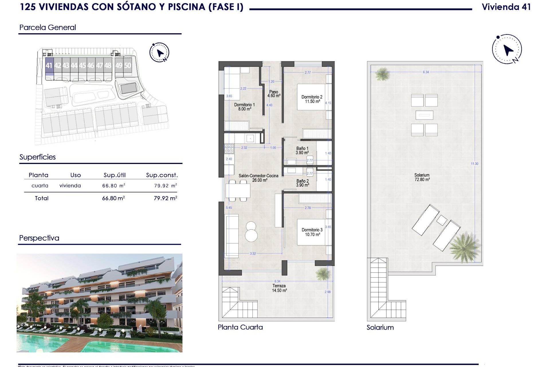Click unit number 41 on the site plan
(x=49, y=66)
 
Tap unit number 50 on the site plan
(x=127, y=66)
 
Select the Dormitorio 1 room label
(x=244, y=107)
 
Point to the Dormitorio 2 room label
(x=312, y=99)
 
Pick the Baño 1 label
(x=302, y=151)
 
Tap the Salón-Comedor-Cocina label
(x=258, y=178)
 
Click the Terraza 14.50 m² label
(x=279, y=288)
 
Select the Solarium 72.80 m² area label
(x=422, y=177)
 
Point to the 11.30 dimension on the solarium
(x=474, y=164)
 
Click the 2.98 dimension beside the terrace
(x=327, y=292)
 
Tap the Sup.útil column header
(x=115, y=175)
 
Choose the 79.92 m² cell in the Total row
(x=165, y=198)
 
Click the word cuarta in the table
(x=40, y=186)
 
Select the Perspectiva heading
(x=39, y=238)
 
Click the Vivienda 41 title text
(x=506, y=7)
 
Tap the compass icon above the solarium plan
(x=507, y=49)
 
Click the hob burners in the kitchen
(x=229, y=149)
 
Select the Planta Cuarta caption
(x=240, y=327)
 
